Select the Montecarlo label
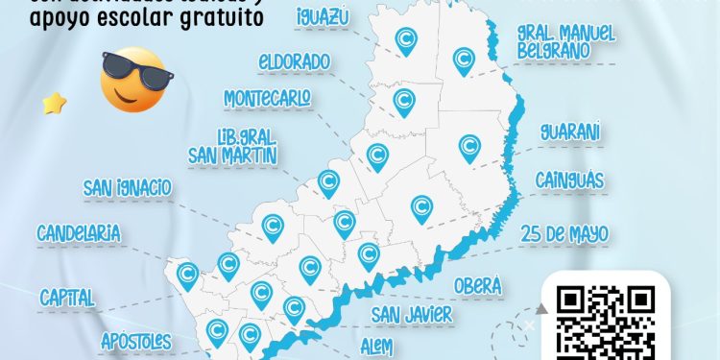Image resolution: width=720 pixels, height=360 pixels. (267, 99)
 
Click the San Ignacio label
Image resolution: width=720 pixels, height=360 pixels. (127, 186)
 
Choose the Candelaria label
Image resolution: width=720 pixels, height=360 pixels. (79, 232)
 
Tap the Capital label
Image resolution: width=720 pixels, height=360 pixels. (67, 298)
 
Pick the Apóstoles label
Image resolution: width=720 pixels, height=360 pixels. (136, 340)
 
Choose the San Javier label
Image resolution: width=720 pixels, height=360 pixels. (413, 314)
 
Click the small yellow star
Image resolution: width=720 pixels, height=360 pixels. (54, 104)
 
